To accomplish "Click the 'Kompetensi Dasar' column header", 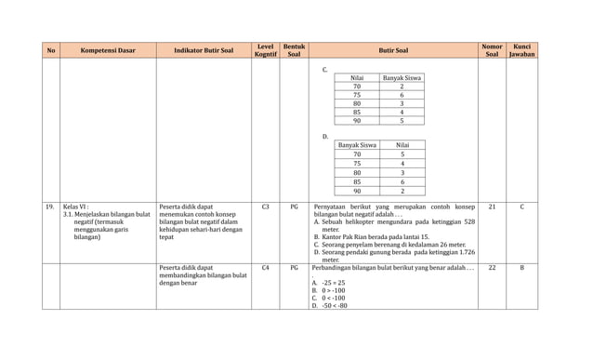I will pyautogui.click(x=110, y=51).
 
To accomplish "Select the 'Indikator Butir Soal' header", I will pyautogui.click(x=204, y=51).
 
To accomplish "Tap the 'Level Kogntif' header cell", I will pyautogui.click(x=265, y=51).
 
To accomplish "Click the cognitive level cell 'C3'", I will pyautogui.click(x=265, y=207).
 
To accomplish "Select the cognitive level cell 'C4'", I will pyautogui.click(x=265, y=268).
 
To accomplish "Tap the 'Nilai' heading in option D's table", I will pyautogui.click(x=402, y=145).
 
